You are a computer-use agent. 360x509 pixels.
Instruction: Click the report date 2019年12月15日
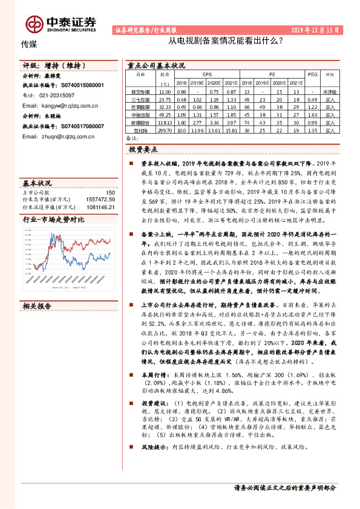(x=315, y=29)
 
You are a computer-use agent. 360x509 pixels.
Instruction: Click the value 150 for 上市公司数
(x=110, y=192)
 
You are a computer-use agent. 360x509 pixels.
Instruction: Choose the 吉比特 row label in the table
(x=140, y=129)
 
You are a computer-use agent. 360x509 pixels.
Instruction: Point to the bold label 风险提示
(x=145, y=447)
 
